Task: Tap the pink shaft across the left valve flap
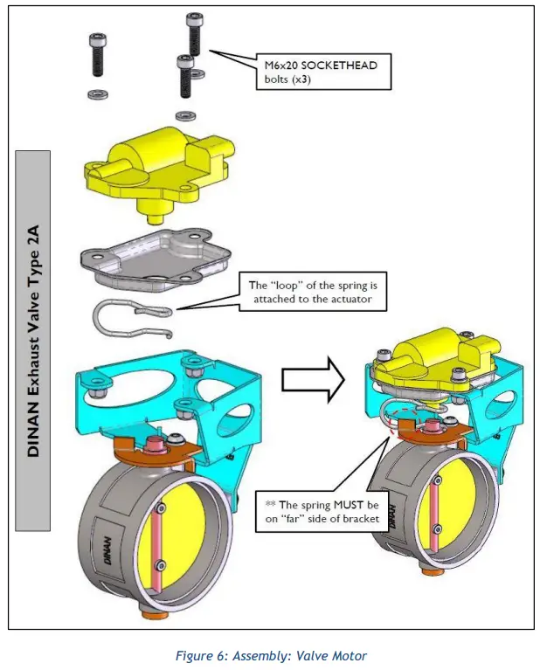pyautogui.click(x=160, y=542)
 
